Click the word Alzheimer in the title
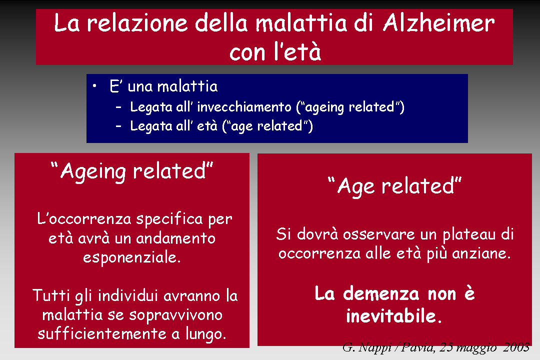[439, 23]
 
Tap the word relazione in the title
[137, 23]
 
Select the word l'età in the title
[298, 51]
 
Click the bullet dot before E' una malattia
[94, 86]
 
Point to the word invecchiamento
[244, 107]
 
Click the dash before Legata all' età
[118, 126]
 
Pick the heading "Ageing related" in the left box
[132, 171]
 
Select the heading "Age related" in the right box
[394, 186]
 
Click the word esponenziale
[132, 257]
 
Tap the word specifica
[169, 219]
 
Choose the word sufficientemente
[102, 334]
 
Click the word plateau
[469, 235]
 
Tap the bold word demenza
[381, 294]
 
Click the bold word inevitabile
[393, 316]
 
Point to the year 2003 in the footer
[516, 347]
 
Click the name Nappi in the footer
[374, 347]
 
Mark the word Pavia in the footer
[417, 347]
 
